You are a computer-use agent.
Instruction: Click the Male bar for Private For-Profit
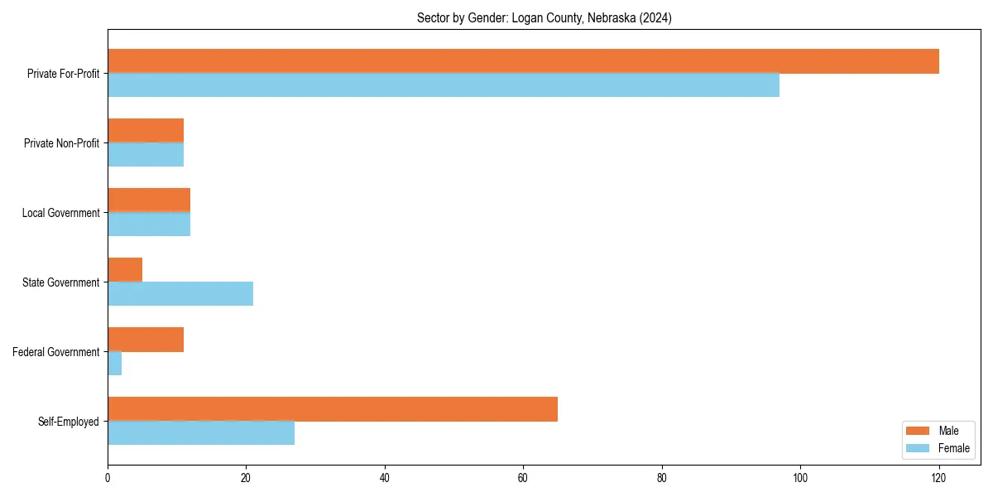(x=523, y=61)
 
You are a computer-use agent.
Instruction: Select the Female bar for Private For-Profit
(x=444, y=85)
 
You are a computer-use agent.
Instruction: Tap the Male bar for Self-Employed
(x=333, y=409)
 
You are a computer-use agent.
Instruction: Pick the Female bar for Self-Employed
(x=201, y=433)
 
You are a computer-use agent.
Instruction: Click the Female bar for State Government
(x=180, y=294)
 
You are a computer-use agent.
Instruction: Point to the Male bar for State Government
(x=125, y=270)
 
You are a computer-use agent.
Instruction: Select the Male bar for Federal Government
(x=146, y=340)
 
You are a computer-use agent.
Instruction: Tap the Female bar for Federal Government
(x=115, y=364)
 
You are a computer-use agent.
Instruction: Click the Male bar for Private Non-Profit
(x=146, y=131)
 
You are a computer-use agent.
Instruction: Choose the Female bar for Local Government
(x=149, y=224)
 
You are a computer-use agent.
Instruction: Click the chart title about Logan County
(x=544, y=18)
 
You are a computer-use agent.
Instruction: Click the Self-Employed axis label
(x=68, y=422)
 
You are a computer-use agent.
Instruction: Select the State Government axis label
(x=60, y=282)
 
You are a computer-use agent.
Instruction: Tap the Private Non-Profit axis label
(x=61, y=143)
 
